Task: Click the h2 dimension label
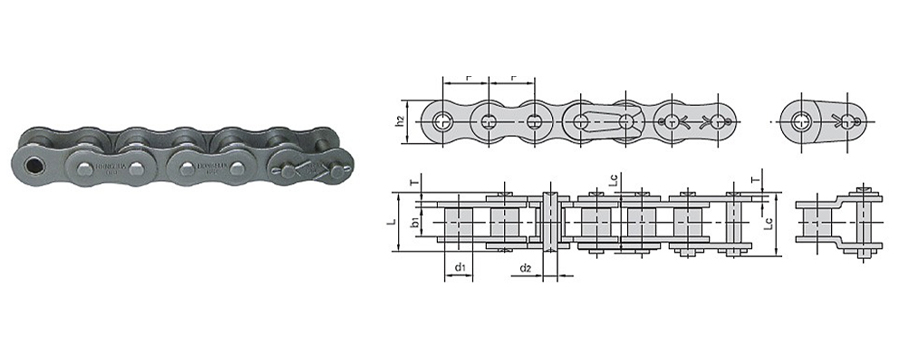click(400, 122)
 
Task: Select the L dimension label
click(400, 217)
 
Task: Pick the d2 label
click(527, 268)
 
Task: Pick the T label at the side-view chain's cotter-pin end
click(752, 182)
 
